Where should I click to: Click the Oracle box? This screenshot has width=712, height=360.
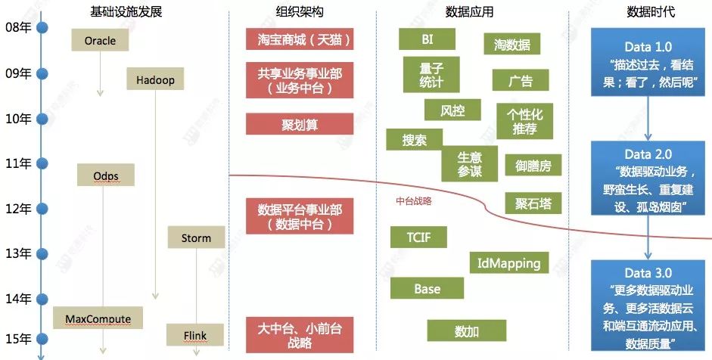point(99,40)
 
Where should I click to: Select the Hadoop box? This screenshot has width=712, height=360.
point(155,79)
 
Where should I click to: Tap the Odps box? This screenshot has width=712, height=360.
point(106,175)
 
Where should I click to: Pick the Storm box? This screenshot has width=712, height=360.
point(196,237)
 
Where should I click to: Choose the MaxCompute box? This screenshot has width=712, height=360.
point(92,318)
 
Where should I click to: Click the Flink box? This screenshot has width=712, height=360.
point(196,334)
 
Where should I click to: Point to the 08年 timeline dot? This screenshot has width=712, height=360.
point(42,28)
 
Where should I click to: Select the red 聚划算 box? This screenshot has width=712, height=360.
point(300,124)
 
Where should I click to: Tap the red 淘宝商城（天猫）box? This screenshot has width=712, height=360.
point(300,39)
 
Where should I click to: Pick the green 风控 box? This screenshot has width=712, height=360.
point(452,111)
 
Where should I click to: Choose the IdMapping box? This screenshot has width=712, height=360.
point(509,263)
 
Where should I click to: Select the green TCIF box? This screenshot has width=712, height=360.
point(418,237)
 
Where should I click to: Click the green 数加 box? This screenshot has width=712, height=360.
point(466,331)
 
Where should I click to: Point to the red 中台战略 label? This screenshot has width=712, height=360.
point(414,202)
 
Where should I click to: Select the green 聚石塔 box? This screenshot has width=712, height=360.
point(533,203)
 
